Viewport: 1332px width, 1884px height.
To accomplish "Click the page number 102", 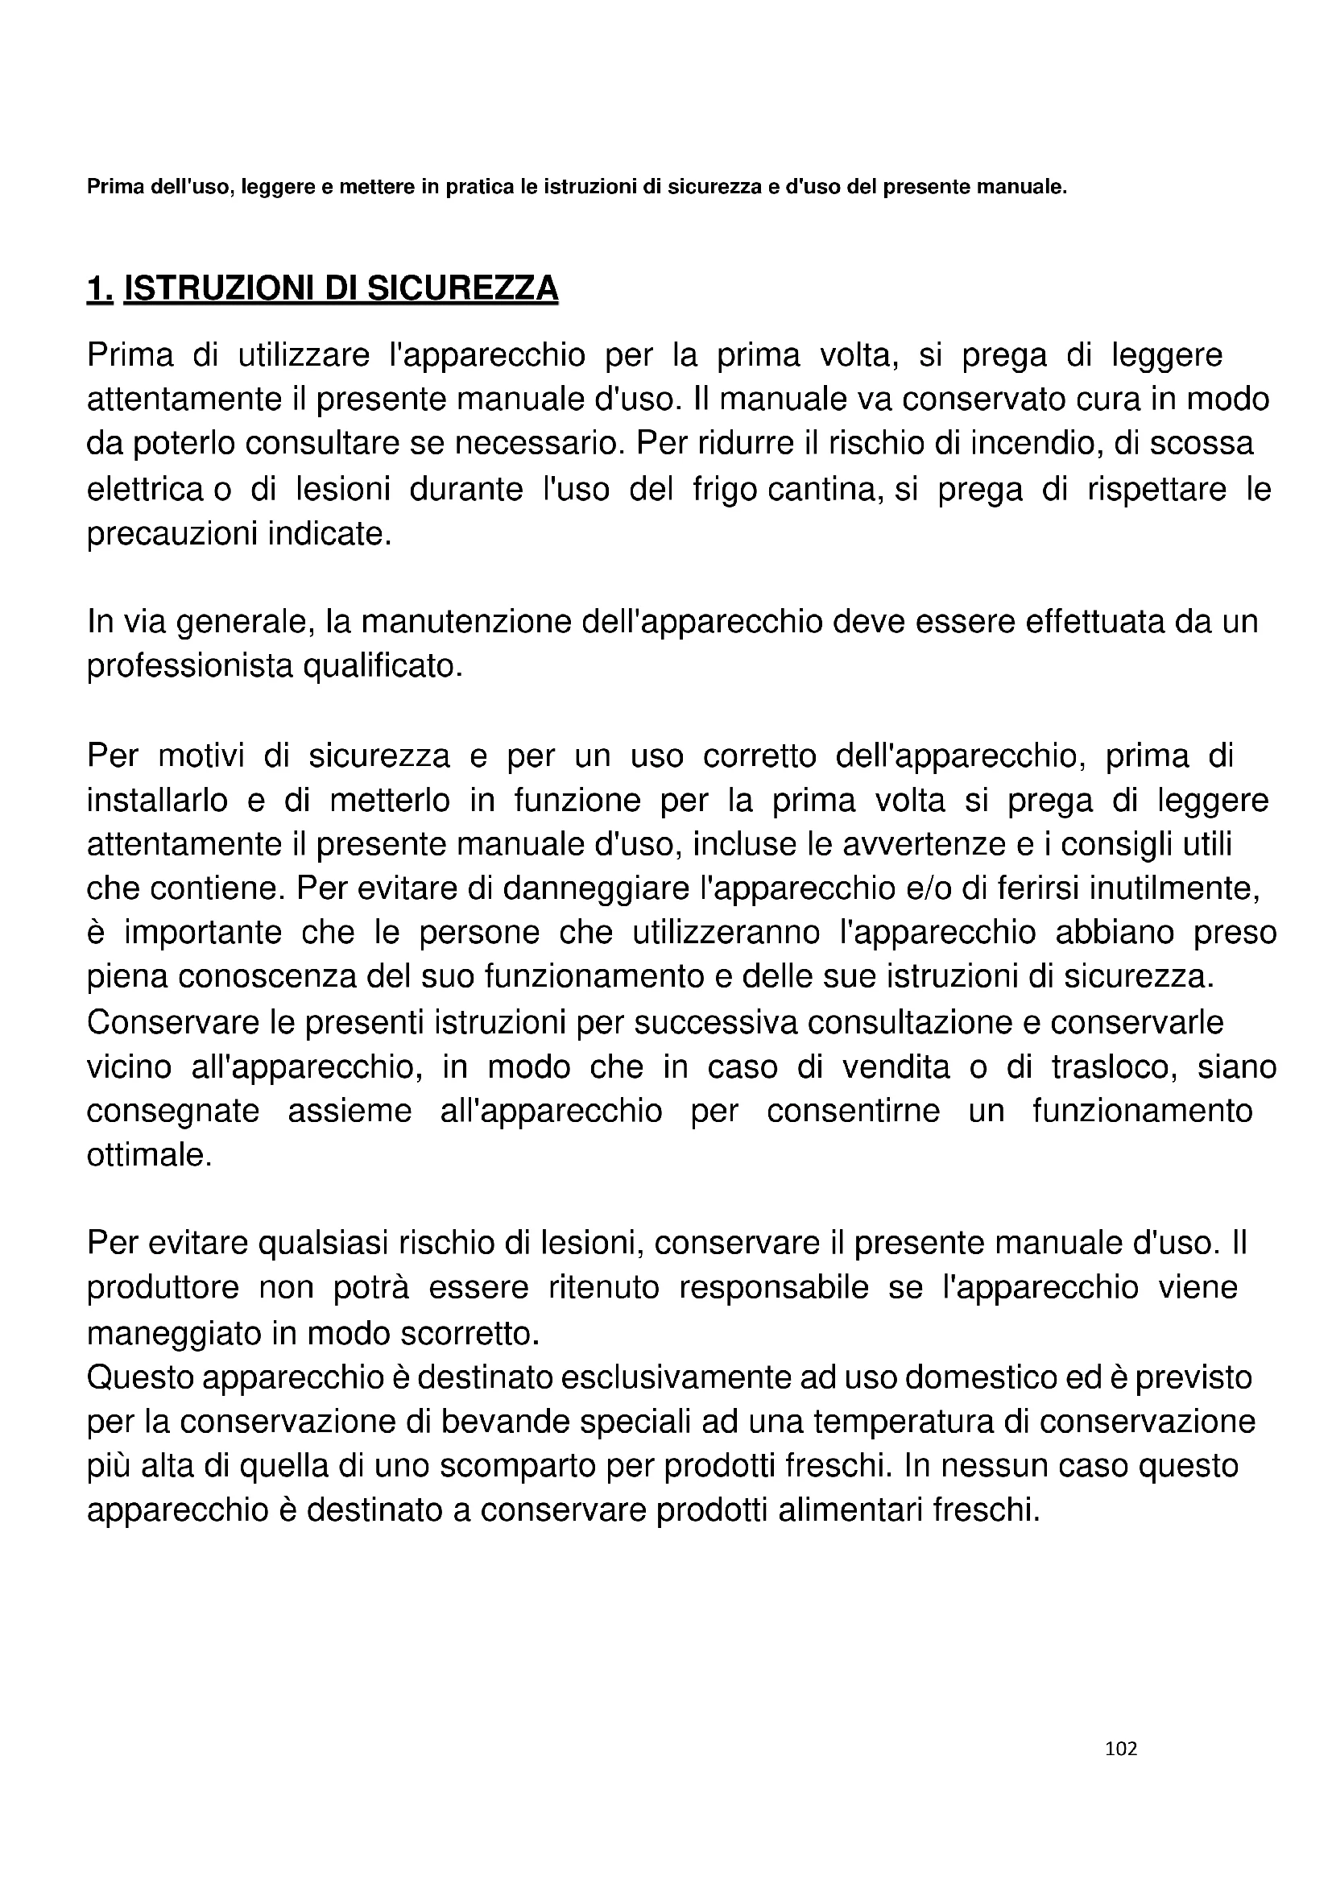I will [1120, 1749].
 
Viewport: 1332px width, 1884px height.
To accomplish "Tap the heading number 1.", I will [98, 288].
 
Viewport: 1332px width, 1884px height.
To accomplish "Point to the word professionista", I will [189, 666].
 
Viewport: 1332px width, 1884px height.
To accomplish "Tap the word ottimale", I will [149, 1155].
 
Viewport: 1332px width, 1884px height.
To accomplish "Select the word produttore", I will [163, 1288].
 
